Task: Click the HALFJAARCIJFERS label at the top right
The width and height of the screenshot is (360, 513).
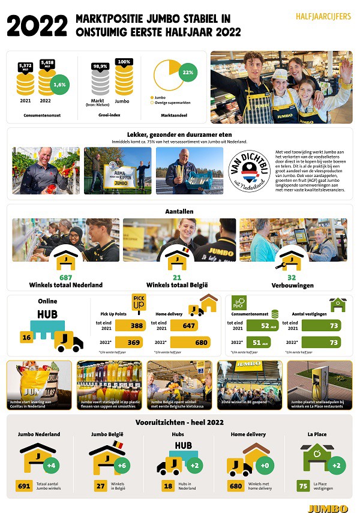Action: click(323, 17)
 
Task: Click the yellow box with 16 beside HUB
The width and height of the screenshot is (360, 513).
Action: click(26, 338)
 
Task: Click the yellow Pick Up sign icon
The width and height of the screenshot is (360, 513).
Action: click(139, 304)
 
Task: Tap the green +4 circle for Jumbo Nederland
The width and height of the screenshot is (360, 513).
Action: click(52, 464)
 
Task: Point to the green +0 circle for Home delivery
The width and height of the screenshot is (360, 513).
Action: click(263, 464)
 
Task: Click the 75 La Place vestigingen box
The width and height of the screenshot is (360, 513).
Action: click(304, 487)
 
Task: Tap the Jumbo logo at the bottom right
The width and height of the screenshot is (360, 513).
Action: click(328, 508)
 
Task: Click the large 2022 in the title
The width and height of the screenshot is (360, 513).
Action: click(38, 26)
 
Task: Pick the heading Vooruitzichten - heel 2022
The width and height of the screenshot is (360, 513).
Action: click(179, 422)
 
